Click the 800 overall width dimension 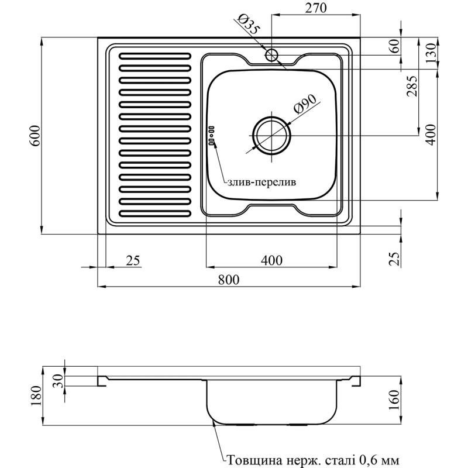click(x=229, y=280)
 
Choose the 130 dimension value click(x=431, y=54)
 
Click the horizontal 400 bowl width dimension click(x=271, y=260)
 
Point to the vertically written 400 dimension click(x=431, y=135)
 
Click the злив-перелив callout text click(x=261, y=182)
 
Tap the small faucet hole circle click(x=272, y=55)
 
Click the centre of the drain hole click(x=271, y=136)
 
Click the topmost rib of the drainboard click(x=154, y=57)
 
